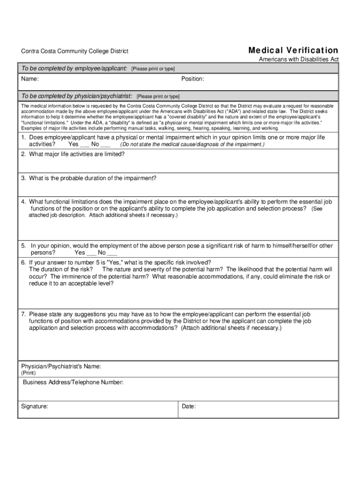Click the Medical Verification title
pos(293,50)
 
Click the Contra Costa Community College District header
pos(75,51)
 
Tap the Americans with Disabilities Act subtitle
pos(299,59)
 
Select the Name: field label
pos(29,79)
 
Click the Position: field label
pos(193,79)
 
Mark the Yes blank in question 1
pos(85,145)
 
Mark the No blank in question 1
pos(105,145)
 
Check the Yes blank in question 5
pos(91,253)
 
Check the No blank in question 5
pos(112,253)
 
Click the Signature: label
pos(35,406)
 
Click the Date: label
pos(188,406)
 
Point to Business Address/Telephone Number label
pos(73,383)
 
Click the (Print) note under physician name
pos(28,373)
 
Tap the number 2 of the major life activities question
pos(23,154)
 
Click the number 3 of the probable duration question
pos(23,178)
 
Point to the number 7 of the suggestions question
pos(23,314)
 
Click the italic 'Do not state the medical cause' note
pos(192,145)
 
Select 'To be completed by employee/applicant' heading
pos(74,69)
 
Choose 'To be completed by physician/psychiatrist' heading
pos(77,96)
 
